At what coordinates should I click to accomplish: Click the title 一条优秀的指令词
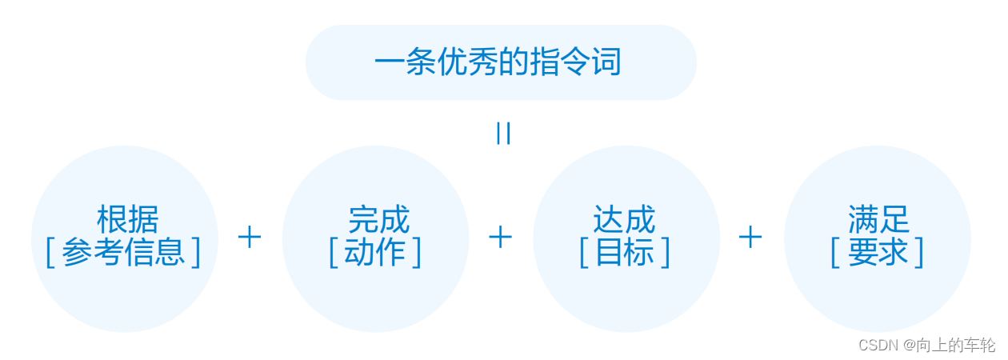pos(498,63)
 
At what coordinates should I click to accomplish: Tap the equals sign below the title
pos(503,133)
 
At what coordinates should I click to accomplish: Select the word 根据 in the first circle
pos(128,219)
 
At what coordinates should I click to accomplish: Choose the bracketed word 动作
pos(375,252)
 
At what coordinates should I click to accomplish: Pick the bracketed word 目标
pos(625,252)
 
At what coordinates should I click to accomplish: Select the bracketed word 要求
pos(878,252)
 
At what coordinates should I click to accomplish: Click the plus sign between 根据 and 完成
pos(250,237)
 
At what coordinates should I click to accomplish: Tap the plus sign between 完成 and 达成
pos(500,237)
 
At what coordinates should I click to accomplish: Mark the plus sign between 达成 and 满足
pos(750,237)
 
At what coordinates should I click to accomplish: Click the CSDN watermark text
pos(879,345)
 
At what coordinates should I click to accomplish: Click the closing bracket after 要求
pos(919,252)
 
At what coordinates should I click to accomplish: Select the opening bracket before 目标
pos(584,252)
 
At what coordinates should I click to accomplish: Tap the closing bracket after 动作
pos(416,252)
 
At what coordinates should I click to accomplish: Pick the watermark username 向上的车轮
pos(958,345)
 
